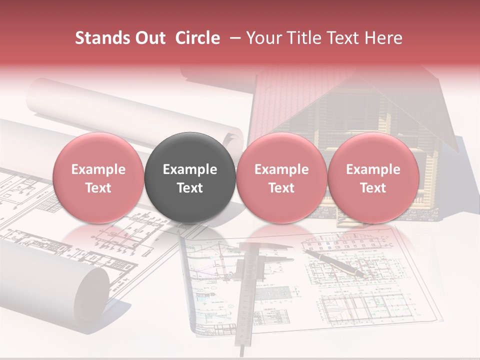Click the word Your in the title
click(x=262, y=38)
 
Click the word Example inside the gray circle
click(x=190, y=169)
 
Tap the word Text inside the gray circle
click(x=190, y=188)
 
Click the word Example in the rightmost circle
click(x=373, y=169)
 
